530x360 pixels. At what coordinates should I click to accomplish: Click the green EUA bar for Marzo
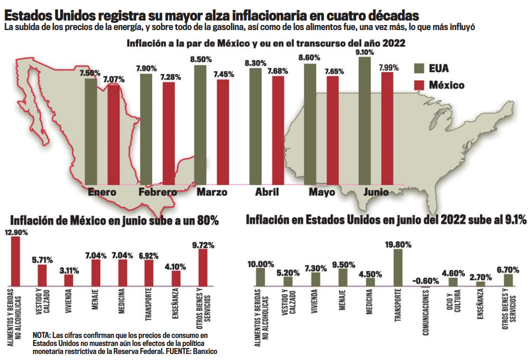point(200,125)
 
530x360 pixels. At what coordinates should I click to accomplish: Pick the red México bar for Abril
point(278,130)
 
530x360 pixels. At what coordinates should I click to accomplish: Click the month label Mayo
point(322,193)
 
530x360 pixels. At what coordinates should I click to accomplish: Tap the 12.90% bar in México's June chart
point(16,262)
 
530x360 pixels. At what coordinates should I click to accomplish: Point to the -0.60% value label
point(425,281)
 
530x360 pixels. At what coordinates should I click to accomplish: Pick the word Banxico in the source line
point(204,352)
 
